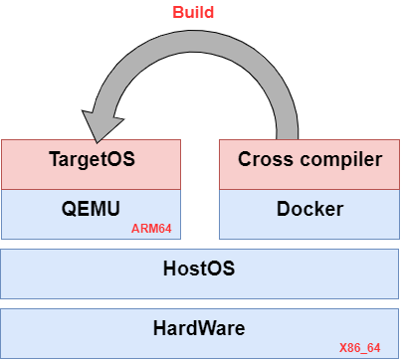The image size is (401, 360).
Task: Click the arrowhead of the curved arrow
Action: tap(98, 122)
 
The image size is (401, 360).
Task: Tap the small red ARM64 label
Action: tap(152, 229)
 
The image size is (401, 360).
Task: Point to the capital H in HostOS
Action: tap(169, 269)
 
